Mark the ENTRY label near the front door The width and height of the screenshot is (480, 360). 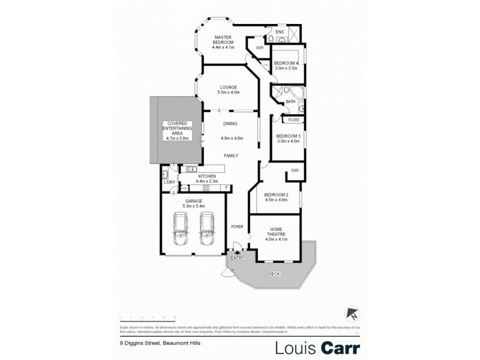[x=238, y=257]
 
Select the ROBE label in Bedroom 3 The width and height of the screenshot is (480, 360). [x=293, y=120]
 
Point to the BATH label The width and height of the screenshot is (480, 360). [x=290, y=102]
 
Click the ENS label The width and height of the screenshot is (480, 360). [x=280, y=32]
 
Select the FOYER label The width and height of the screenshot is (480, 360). [x=238, y=227]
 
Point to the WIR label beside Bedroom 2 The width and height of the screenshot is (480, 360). [x=295, y=171]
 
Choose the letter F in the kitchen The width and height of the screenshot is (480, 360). [x=226, y=188]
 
